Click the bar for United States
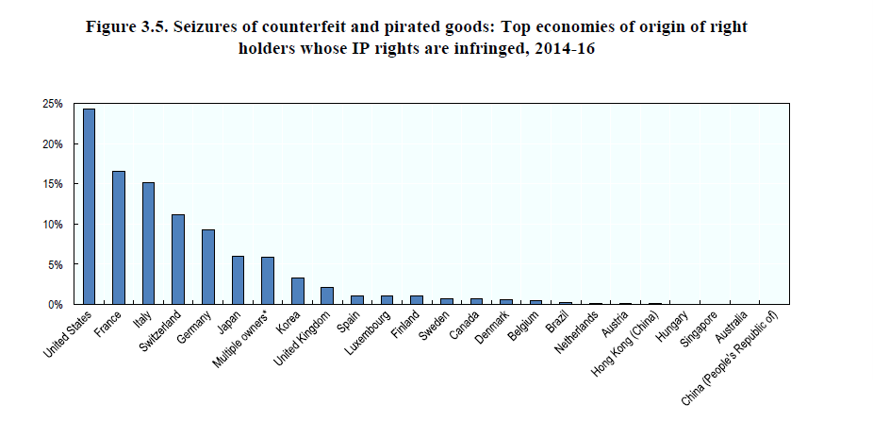click(x=89, y=207)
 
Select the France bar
click(x=119, y=238)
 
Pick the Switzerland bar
click(x=178, y=260)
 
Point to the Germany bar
click(x=207, y=267)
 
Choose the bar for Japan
click(x=238, y=280)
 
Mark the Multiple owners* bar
click(x=267, y=280)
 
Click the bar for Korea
click(x=297, y=291)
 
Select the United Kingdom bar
click(x=326, y=295)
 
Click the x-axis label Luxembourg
click(x=367, y=331)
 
